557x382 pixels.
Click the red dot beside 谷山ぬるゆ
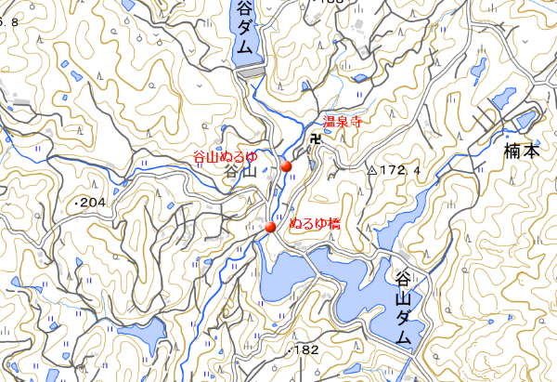tap(286, 166)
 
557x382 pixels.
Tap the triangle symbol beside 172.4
tap(372, 171)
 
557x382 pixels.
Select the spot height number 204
tap(95, 202)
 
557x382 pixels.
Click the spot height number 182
tap(307, 350)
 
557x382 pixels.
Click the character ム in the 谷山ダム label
tap(404, 340)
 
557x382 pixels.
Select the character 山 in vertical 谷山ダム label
tap(404, 299)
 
